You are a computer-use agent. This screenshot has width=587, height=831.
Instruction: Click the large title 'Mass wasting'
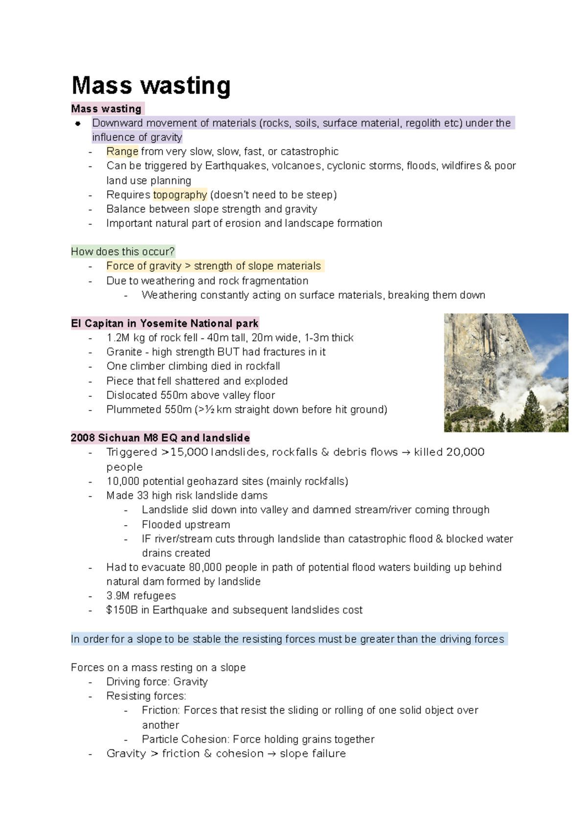point(151,86)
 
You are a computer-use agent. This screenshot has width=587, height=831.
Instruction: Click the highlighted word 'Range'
point(122,152)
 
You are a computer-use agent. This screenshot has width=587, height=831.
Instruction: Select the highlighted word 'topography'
point(180,195)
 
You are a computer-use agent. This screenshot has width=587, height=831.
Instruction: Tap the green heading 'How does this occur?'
point(123,252)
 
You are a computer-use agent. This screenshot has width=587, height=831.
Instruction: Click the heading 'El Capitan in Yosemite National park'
point(164,323)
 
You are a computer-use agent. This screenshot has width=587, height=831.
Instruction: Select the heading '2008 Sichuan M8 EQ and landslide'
point(160,438)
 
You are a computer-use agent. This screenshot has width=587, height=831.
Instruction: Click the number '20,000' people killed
point(465,452)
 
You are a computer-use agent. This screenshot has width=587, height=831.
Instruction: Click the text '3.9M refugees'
point(141,596)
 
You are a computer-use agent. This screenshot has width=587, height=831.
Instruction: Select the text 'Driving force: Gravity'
point(157,682)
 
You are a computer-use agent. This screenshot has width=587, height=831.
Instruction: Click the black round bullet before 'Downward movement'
point(78,123)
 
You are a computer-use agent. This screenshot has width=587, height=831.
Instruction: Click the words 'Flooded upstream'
point(186,525)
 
